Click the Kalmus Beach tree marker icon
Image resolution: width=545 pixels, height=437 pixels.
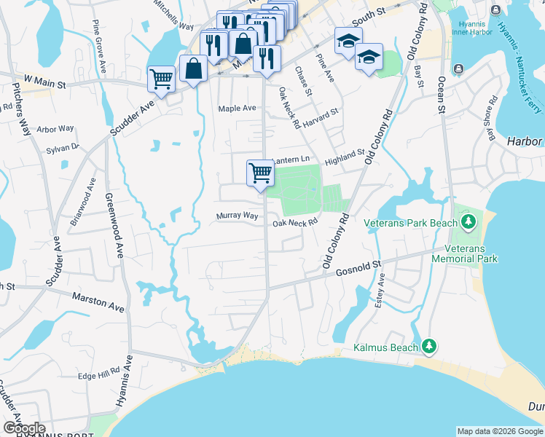429,347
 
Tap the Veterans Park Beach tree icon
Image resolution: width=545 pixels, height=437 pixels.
468,221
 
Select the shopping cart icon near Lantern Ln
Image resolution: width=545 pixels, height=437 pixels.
260,173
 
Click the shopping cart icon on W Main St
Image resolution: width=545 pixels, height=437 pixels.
160,78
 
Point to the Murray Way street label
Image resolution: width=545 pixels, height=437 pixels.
237,216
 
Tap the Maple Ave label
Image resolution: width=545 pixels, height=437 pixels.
238,109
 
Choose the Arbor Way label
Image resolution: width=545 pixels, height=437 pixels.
55,129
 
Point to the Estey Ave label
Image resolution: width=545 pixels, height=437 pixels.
380,290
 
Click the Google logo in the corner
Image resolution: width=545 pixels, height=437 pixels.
23,428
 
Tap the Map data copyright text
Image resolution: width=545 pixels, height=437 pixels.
500,431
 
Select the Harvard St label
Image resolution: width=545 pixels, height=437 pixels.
321,117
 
